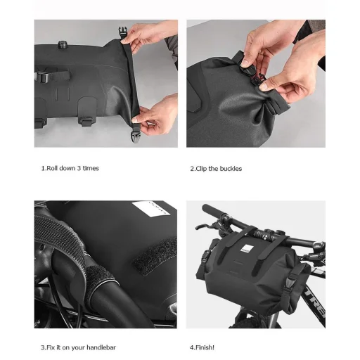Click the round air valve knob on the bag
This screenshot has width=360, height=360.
pos(62,44)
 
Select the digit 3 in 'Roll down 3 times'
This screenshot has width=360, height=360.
pos(79,168)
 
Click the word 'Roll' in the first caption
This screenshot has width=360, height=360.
pos(52,168)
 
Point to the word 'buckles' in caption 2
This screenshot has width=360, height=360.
pos(231,169)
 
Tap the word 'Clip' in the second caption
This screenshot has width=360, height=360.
pos(201,169)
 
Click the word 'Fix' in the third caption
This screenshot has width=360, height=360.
pos(51,347)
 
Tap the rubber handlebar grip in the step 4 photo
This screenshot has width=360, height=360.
pos(213,212)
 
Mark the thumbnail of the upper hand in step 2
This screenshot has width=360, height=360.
pos(245,63)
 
